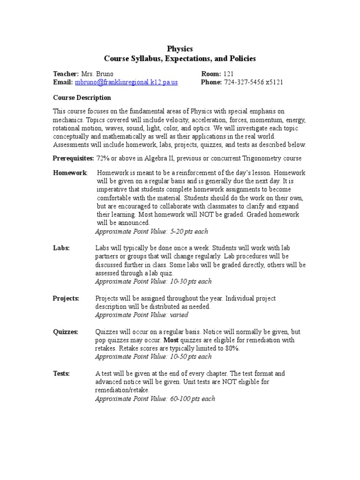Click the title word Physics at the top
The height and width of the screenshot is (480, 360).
point(180,49)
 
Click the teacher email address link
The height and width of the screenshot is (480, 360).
point(126,82)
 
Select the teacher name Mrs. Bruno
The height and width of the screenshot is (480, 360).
point(97,74)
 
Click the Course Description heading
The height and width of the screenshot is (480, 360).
point(82,97)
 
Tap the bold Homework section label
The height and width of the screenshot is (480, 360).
point(70,172)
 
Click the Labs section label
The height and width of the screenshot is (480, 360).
point(61,248)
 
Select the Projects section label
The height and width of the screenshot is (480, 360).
point(66,298)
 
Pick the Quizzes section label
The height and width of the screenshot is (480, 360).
point(65,331)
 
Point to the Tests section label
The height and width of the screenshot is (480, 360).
point(61,373)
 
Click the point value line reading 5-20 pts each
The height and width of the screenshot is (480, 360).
point(151,231)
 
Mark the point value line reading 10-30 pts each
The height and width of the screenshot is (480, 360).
point(153,281)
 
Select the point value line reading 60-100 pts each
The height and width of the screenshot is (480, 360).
point(155,398)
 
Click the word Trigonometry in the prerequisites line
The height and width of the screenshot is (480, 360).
point(259,158)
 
